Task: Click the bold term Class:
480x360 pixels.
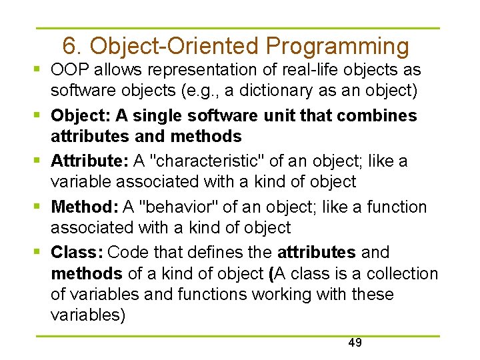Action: click(x=76, y=253)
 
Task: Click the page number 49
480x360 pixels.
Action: click(x=355, y=343)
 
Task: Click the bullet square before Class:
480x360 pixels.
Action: click(x=41, y=253)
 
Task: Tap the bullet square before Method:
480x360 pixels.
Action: click(x=41, y=207)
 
